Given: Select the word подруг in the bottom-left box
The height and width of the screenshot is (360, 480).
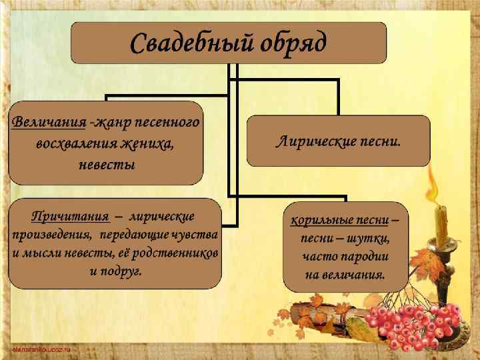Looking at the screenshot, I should pyautogui.click(x=125, y=272).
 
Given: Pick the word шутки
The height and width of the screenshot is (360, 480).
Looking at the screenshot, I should pyautogui.click(x=367, y=238).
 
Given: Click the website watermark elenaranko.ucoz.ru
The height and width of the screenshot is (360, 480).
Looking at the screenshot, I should pyautogui.click(x=41, y=349).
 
